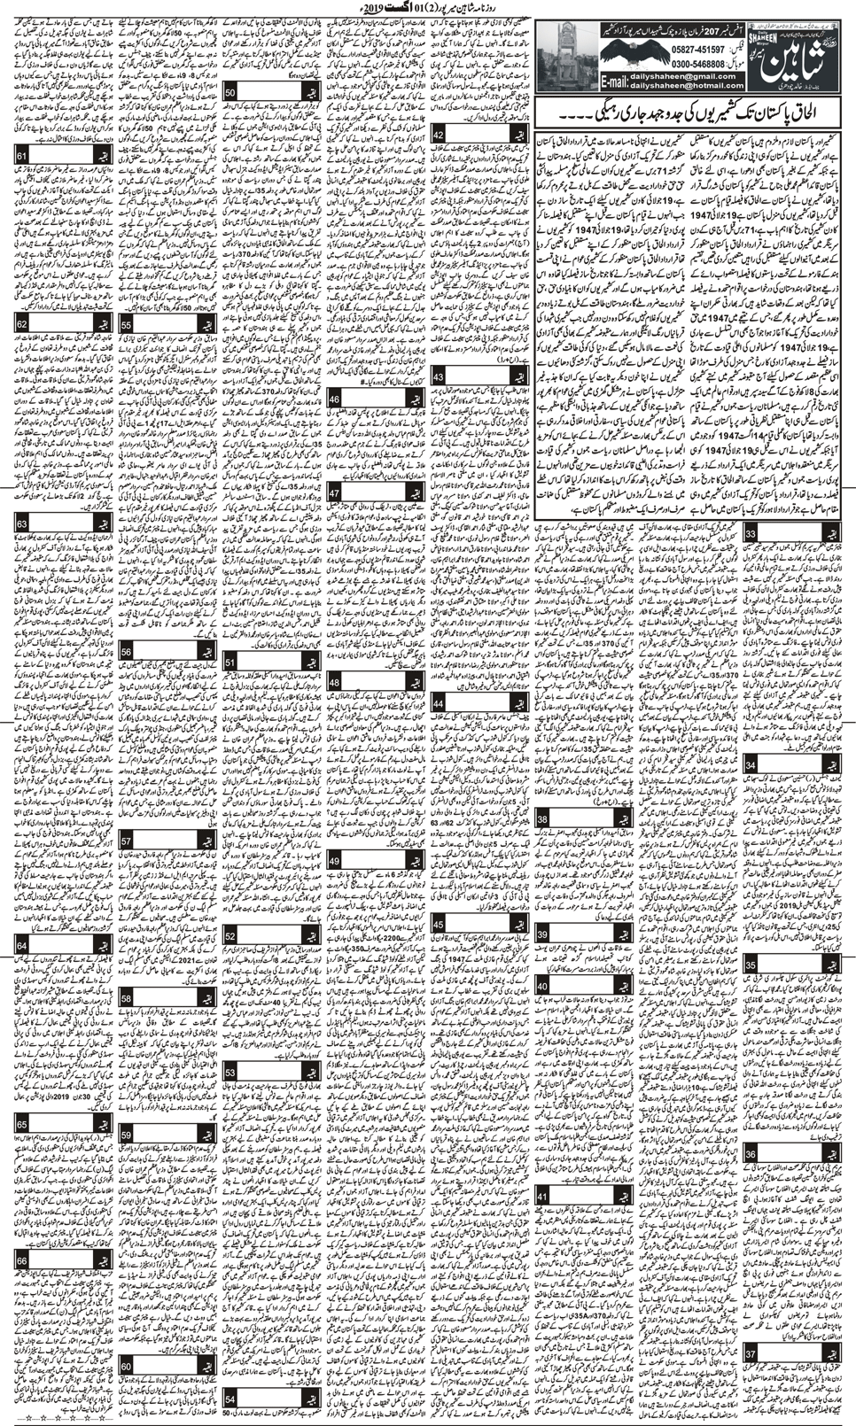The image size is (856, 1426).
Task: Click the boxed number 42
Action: (439, 136)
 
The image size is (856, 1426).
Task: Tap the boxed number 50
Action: (230, 92)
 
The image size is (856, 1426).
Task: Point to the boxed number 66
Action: (21, 1259)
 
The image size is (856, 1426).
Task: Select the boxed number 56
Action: (127, 651)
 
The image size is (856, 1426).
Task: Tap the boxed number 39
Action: (542, 935)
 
